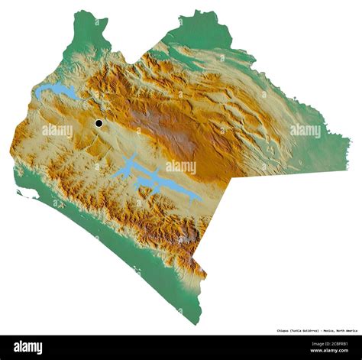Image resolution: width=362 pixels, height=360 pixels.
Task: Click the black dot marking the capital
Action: point(99,123)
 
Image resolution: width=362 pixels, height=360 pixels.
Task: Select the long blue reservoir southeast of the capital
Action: point(157,179)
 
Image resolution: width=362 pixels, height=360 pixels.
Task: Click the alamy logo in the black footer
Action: point(28,347)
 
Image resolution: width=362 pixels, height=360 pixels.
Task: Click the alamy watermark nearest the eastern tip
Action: point(305,131)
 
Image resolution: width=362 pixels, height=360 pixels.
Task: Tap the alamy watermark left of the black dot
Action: point(57,131)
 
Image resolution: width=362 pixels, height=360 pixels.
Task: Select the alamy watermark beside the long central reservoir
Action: point(181,167)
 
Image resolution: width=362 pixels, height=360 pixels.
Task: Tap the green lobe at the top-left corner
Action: point(88,31)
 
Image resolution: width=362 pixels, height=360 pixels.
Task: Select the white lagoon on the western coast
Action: point(27,195)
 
